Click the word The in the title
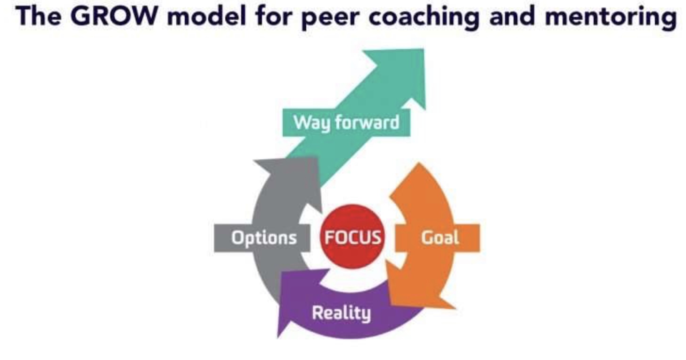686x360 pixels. coord(42,17)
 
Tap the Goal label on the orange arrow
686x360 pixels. coord(439,237)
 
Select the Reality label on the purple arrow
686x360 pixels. coord(341,313)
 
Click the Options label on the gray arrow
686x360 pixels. coord(264,237)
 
